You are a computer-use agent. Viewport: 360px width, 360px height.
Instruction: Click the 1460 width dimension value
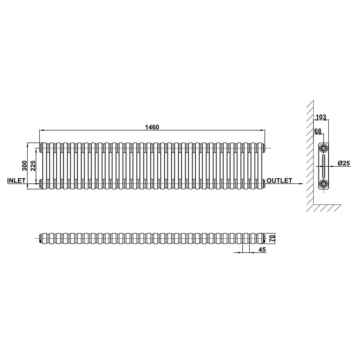152,127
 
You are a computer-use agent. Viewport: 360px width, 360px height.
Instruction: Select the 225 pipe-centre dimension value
33,166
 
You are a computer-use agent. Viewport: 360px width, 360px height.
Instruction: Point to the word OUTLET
279,180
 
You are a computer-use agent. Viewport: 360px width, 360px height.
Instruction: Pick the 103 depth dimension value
321,117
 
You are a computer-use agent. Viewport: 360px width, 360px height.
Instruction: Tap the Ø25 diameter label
344,163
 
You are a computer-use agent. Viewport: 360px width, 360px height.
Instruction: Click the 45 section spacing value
262,250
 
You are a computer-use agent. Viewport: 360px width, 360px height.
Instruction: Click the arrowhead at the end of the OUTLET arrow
301,184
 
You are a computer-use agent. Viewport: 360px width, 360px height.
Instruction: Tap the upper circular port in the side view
324,148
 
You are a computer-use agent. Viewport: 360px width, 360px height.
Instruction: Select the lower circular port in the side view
324,184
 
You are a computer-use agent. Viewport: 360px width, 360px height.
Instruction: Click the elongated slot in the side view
324,166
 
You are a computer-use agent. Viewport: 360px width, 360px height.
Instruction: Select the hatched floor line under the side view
326,208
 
